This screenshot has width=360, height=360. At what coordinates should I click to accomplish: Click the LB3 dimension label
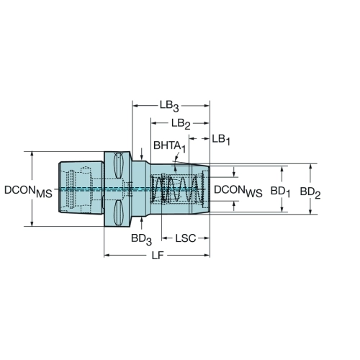[169, 106]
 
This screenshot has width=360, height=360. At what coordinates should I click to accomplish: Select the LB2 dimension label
[181, 124]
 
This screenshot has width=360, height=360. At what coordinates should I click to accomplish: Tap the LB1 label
[221, 140]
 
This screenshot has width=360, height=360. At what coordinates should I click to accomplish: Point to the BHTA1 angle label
[169, 146]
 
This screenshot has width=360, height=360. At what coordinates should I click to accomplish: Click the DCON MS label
[28, 192]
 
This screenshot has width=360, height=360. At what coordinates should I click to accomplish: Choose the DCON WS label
[238, 191]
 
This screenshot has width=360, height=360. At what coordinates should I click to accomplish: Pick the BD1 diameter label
[280, 192]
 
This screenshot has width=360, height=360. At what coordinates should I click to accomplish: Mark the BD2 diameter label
[310, 193]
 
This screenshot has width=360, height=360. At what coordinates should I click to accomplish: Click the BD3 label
[141, 239]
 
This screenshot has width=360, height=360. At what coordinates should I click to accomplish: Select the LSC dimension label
[186, 238]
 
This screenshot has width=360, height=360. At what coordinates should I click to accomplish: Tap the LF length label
[158, 256]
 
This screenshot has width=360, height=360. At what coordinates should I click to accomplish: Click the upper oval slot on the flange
[119, 166]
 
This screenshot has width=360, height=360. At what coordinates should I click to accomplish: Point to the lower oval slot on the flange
[118, 212]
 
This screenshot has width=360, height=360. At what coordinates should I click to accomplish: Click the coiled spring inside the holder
[176, 189]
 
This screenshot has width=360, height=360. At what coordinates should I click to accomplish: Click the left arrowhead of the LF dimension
[107, 255]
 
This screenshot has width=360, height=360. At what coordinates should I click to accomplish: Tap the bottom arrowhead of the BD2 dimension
[310, 211]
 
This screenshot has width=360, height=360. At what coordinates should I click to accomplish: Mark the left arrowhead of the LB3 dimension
[135, 106]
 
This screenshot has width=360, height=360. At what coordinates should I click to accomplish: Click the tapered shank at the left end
[81, 188]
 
